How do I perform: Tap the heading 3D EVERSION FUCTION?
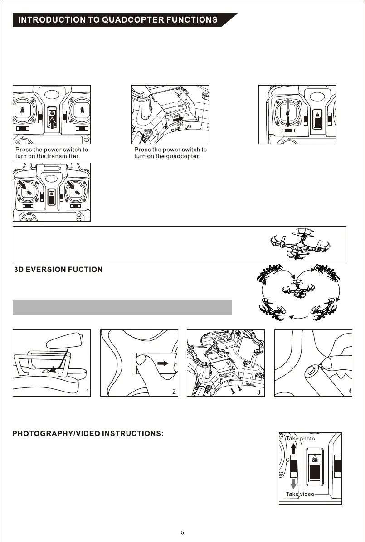[x=58, y=270]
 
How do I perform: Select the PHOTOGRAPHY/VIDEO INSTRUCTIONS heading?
[x=88, y=434]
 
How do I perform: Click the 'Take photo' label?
[x=300, y=439]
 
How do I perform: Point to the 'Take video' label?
[x=300, y=494]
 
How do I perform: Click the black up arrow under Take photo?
[x=293, y=448]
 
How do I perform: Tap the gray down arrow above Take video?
[x=293, y=484]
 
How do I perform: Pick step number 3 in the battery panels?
[x=258, y=392]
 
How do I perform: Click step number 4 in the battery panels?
[x=350, y=391]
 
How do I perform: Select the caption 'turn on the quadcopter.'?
[x=167, y=156]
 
